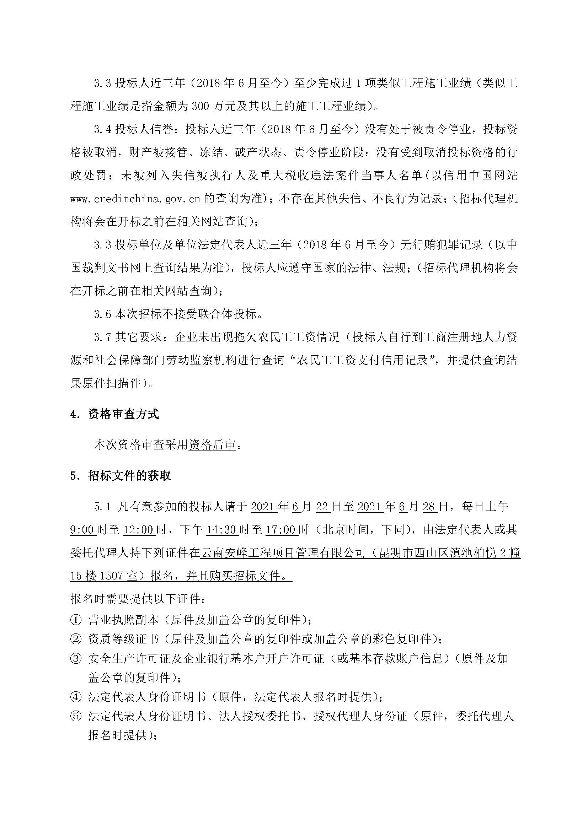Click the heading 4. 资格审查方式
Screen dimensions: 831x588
[114, 414]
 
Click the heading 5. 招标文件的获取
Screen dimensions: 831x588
[120, 476]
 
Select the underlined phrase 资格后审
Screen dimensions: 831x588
[212, 445]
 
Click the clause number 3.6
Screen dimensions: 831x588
[102, 314]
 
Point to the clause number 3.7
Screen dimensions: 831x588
[102, 337]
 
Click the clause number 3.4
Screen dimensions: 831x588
[102, 129]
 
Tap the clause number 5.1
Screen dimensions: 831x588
[102, 507]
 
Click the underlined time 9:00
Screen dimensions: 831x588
[82, 530]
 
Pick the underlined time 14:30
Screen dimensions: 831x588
[221, 530]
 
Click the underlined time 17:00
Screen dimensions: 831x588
[281, 530]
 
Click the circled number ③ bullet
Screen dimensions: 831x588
[75, 658]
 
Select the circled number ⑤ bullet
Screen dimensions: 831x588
[75, 716]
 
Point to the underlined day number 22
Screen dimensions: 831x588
[322, 507]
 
